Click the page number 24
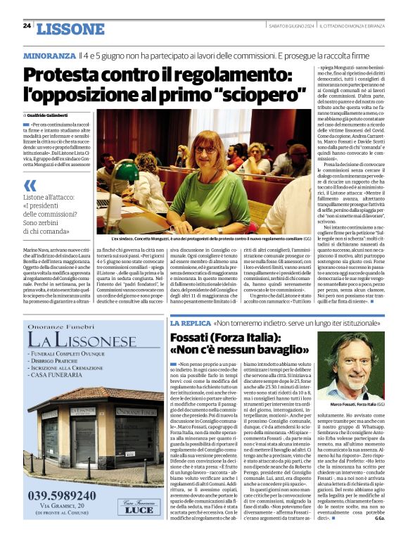point(27,26)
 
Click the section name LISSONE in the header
point(69,29)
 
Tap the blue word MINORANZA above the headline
point(49,55)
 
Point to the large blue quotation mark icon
point(30,185)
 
